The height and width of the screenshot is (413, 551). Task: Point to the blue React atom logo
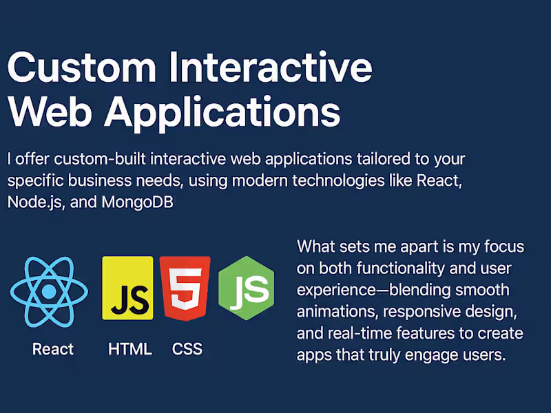49,291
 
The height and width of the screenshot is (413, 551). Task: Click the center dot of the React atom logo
49,291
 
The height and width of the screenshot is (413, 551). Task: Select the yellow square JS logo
127,288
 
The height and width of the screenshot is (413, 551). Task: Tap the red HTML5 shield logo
184,288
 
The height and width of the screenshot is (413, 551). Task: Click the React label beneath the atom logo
52,349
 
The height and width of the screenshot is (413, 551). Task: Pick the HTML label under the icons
129,349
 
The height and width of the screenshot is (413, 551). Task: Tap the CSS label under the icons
187,349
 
